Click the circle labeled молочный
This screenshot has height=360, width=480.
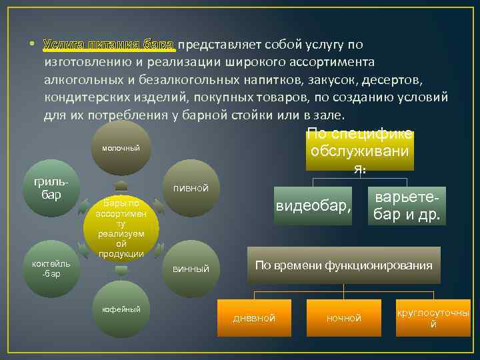[x=121, y=148]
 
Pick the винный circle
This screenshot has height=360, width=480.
[x=191, y=269]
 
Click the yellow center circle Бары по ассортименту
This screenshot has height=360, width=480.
[x=121, y=228]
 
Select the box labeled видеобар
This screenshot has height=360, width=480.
[x=313, y=207]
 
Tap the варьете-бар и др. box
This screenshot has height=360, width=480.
[x=406, y=207]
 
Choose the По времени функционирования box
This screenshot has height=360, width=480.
[x=343, y=265]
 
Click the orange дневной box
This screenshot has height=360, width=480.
[x=254, y=318]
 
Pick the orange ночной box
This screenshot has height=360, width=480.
[x=343, y=318]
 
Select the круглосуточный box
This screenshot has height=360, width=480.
[x=433, y=317]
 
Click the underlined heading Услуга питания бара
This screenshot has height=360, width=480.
[x=109, y=45]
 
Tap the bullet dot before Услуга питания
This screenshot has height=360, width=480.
[x=31, y=45]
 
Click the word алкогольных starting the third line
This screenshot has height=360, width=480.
[x=82, y=79]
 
